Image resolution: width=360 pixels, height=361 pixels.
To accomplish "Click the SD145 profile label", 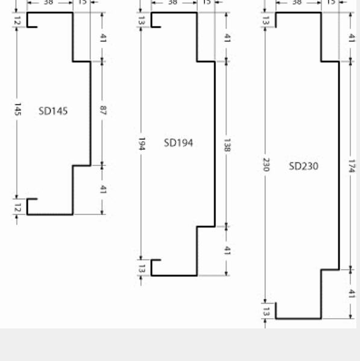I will [53, 111].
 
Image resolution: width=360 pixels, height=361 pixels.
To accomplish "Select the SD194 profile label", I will [178, 143].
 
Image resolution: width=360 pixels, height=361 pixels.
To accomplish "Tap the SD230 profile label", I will [303, 166].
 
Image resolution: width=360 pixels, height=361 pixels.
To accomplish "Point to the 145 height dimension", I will [17, 109].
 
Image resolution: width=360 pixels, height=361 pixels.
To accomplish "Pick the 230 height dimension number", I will [265, 166].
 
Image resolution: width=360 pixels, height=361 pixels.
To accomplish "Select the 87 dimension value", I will [102, 110].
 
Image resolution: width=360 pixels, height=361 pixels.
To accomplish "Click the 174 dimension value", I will [351, 166].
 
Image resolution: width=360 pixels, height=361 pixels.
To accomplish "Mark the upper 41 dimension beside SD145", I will [102, 37].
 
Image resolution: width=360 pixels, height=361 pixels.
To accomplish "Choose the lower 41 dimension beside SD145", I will [102, 190].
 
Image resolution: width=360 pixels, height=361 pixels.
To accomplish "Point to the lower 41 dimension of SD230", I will [351, 294].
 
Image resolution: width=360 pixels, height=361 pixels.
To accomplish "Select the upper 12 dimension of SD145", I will [17, 21].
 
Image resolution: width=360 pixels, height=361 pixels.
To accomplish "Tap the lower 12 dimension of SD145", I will [17, 207].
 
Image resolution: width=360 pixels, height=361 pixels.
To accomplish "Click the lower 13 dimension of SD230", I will [265, 311].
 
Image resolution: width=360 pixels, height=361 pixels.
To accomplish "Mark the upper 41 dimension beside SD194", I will [227, 37].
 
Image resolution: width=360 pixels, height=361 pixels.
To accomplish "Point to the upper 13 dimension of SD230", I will [265, 21].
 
